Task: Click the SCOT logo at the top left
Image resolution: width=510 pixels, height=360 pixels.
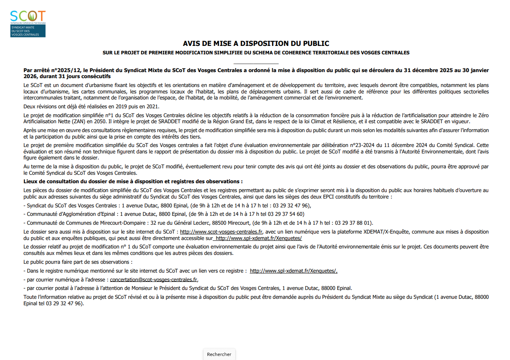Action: click(x=28, y=24)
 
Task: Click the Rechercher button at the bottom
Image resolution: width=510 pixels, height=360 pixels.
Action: click(x=219, y=354)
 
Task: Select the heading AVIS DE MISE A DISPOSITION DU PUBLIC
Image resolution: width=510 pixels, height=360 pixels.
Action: click(x=256, y=43)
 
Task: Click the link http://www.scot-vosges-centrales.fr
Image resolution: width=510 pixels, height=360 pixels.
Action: click(x=221, y=232)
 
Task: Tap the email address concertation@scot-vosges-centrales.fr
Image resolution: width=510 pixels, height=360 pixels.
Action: click(x=153, y=279)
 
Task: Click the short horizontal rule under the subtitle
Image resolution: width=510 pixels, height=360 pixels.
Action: click(x=256, y=64)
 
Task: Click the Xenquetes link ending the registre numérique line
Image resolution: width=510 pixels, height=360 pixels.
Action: click(x=294, y=271)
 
